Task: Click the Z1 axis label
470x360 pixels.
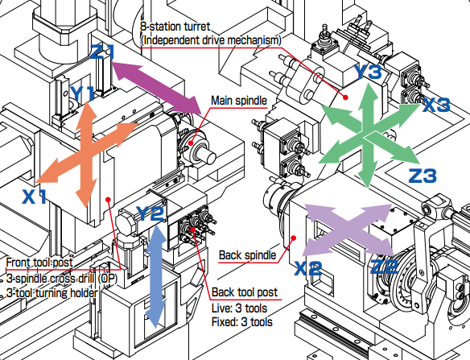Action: pos(104,53)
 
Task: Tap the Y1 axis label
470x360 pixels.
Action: pos(82,93)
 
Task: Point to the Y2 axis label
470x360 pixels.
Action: pos(150,213)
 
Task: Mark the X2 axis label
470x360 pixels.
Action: pos(308,267)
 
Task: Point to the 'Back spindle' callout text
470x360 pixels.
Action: pos(247,256)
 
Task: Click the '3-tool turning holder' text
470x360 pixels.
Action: pos(52,292)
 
